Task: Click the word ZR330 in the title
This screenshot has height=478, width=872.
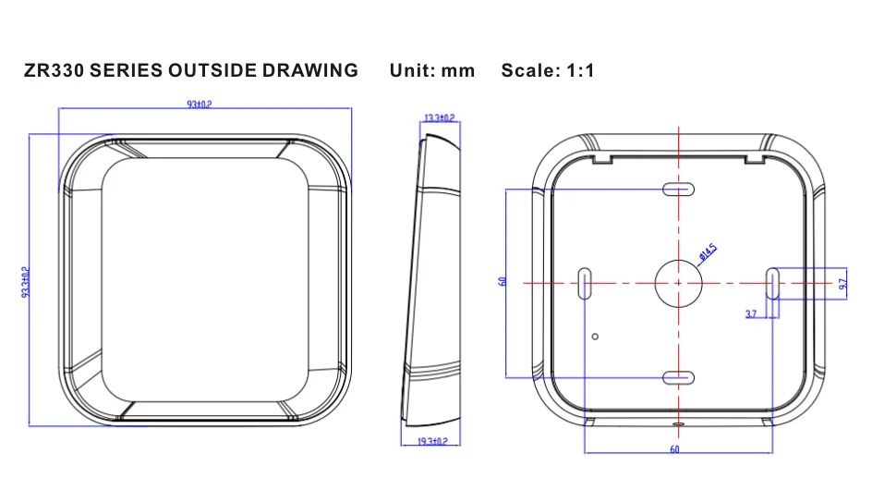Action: [x=54, y=70]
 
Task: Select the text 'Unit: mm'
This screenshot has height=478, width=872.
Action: [x=432, y=70]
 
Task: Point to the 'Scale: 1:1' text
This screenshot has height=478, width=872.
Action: [x=548, y=70]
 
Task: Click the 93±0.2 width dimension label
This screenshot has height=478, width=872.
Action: [x=200, y=104]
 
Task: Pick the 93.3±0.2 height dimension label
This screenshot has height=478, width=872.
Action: [x=26, y=282]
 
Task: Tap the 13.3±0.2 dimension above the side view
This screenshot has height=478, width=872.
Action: [x=440, y=118]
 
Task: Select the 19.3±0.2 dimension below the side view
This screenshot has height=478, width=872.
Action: [x=432, y=441]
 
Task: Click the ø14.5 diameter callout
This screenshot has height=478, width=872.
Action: [x=708, y=252]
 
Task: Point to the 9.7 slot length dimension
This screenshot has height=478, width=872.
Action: [x=843, y=284]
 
